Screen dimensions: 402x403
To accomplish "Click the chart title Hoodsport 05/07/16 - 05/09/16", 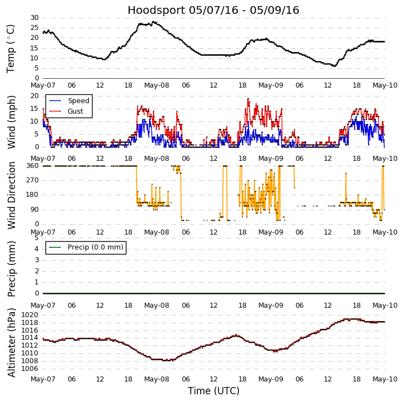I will click(213, 11).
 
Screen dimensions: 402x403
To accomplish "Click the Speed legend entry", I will click(78, 101).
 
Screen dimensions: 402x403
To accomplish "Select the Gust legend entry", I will click(75, 111).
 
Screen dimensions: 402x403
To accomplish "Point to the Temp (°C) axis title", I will click(11, 48).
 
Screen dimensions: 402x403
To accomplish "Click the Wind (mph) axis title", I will click(11, 121).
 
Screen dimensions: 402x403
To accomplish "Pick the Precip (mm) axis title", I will click(11, 268).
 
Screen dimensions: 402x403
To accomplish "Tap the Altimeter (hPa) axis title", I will click(11, 342).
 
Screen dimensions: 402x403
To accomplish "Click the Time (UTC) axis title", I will click(213, 391).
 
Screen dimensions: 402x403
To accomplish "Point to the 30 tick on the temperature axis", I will click(34, 18).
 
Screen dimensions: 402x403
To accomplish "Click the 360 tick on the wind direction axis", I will click(32, 166).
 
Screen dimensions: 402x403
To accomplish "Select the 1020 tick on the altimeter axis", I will click(30, 315).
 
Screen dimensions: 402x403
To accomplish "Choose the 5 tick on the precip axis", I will click(37, 238).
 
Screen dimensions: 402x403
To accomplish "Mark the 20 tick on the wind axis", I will click(34, 96).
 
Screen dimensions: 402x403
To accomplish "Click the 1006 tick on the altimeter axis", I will click(30, 368).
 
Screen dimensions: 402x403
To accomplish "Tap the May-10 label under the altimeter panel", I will click(384, 379).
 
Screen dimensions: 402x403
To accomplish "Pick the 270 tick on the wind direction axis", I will click(32, 180).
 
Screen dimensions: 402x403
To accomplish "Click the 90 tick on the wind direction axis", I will click(34, 210).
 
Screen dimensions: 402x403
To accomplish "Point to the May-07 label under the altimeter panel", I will click(43, 379).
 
